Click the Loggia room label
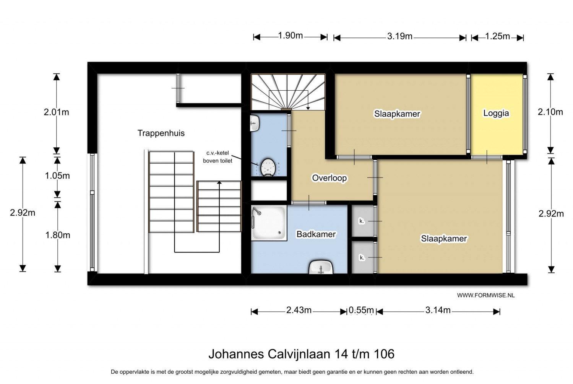click(x=496, y=113)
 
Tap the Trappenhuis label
click(x=161, y=133)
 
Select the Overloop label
click(x=329, y=178)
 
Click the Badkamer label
click(x=316, y=234)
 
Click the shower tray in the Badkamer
click(x=269, y=223)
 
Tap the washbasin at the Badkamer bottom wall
click(x=321, y=267)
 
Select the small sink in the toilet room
click(x=255, y=123)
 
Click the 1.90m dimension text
click(x=291, y=36)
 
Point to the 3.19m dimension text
click(x=399, y=36)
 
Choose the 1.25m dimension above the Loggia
click(x=497, y=36)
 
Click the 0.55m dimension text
click(x=361, y=310)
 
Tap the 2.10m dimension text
click(x=550, y=112)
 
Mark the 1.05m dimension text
click(x=57, y=176)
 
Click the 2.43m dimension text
click(x=299, y=310)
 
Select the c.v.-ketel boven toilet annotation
click(x=218, y=157)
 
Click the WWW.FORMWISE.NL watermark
click(x=486, y=295)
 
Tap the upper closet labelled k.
click(x=363, y=221)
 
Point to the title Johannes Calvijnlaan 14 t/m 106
click(x=301, y=354)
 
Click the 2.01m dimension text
click(x=56, y=112)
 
